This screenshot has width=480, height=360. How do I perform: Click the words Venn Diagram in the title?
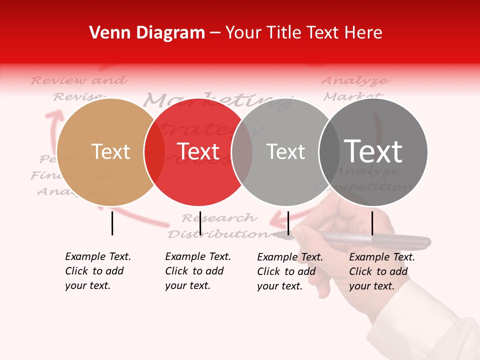[x=147, y=33]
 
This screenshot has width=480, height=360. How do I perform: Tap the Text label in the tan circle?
[x=110, y=151]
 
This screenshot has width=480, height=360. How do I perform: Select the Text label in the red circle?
[x=198, y=151]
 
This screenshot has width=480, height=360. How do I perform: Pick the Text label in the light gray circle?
[x=285, y=152]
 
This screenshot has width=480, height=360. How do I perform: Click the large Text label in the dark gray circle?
[x=373, y=151]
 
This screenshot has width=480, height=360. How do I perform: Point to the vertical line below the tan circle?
[x=112, y=223]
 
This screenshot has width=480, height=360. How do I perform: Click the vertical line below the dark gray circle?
[x=372, y=223]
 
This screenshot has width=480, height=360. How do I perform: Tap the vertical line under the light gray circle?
[x=288, y=223]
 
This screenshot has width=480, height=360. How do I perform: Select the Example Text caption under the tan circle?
[x=98, y=271]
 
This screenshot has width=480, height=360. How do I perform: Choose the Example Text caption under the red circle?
[x=198, y=271]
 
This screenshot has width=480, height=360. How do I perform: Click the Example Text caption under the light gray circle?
[x=290, y=271]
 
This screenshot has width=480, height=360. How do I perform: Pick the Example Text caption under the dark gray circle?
[x=382, y=271]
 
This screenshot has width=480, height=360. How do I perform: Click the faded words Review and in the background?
[x=79, y=80]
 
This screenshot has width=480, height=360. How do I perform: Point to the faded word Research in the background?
[x=219, y=218]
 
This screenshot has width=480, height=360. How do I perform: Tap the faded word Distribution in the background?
[x=218, y=234]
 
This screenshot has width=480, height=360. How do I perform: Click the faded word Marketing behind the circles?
[x=217, y=100]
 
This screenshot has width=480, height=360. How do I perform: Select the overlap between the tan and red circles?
[x=154, y=152]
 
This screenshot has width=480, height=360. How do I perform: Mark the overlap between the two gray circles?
[x=329, y=152]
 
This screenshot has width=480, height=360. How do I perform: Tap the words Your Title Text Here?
[x=304, y=33]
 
